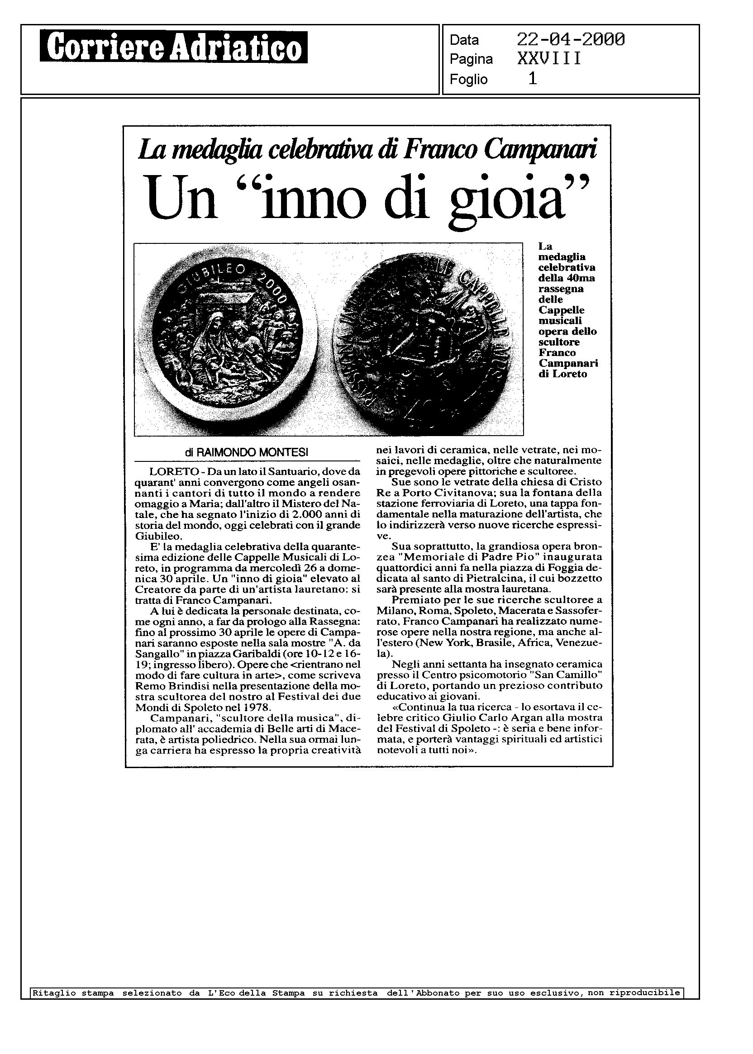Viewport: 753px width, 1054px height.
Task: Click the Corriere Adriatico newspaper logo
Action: pos(173,47)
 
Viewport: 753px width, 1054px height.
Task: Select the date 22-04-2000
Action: pos(570,40)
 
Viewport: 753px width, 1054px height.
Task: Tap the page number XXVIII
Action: pos(548,59)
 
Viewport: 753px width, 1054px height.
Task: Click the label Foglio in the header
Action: pos(468,80)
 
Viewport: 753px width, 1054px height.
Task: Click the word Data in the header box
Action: pos(464,40)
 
